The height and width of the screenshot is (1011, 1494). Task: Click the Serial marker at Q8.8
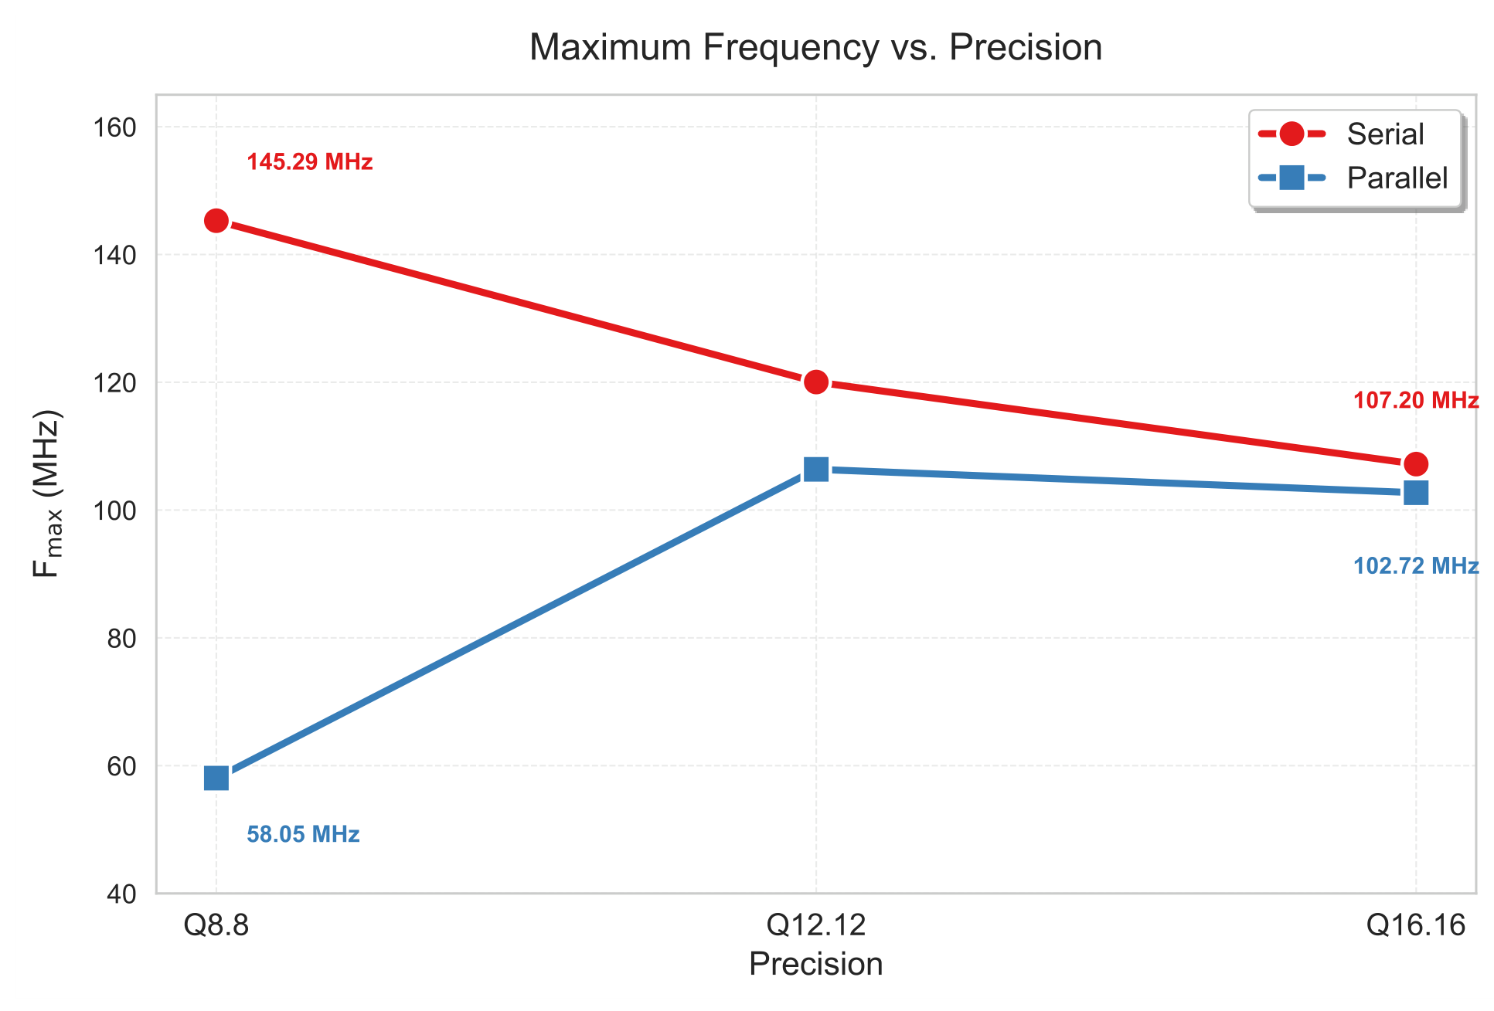216,221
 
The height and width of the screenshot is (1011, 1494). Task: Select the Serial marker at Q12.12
816,382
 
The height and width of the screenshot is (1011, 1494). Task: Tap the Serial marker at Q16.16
1416,464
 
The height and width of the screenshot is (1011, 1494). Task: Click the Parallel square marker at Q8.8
216,778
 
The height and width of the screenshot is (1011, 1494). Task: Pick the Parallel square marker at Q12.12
816,469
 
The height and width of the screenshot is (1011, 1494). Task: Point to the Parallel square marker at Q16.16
1416,493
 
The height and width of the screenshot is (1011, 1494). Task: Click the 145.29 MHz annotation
310,162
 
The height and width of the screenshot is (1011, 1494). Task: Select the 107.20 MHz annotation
1416,401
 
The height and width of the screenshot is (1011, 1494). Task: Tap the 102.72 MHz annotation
1416,566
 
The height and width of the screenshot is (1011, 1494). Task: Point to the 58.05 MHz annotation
303,835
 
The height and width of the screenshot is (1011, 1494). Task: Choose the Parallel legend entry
1353,178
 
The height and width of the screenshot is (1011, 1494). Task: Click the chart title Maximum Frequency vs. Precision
815,47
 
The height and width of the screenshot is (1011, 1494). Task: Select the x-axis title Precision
816,965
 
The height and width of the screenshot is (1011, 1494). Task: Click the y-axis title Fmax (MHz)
47,494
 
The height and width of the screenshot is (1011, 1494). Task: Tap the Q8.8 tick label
216,924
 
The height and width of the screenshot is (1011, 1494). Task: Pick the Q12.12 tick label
816,924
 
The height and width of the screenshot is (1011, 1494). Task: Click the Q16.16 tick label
1416,924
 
